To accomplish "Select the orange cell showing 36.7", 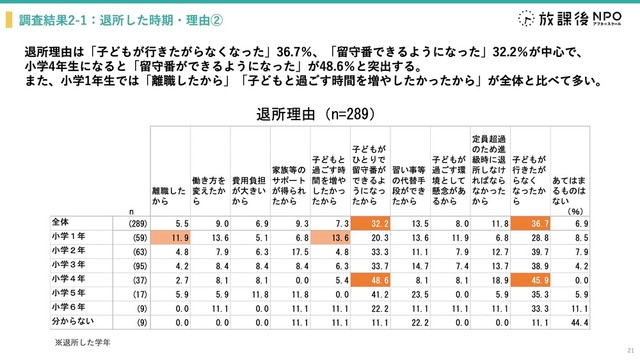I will tap(535, 221).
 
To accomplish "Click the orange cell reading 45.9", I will tap(535, 283).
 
